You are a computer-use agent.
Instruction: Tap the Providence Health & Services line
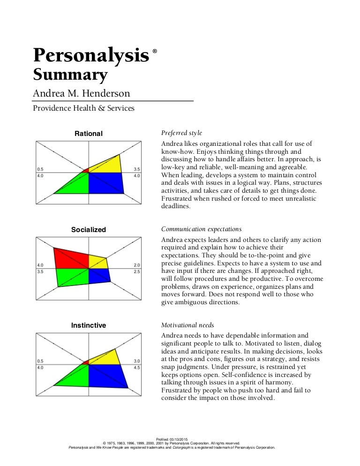click(x=83, y=108)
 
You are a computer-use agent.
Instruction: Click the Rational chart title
click(x=89, y=134)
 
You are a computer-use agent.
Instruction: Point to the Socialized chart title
click(x=89, y=230)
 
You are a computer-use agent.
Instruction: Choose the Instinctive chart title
click(x=89, y=325)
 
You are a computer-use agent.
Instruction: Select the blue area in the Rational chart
click(x=105, y=182)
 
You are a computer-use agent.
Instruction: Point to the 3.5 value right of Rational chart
click(x=137, y=169)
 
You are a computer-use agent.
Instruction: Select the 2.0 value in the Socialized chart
click(x=137, y=265)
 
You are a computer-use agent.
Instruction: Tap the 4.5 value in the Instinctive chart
click(x=137, y=368)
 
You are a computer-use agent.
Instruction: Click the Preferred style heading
click(x=181, y=133)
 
